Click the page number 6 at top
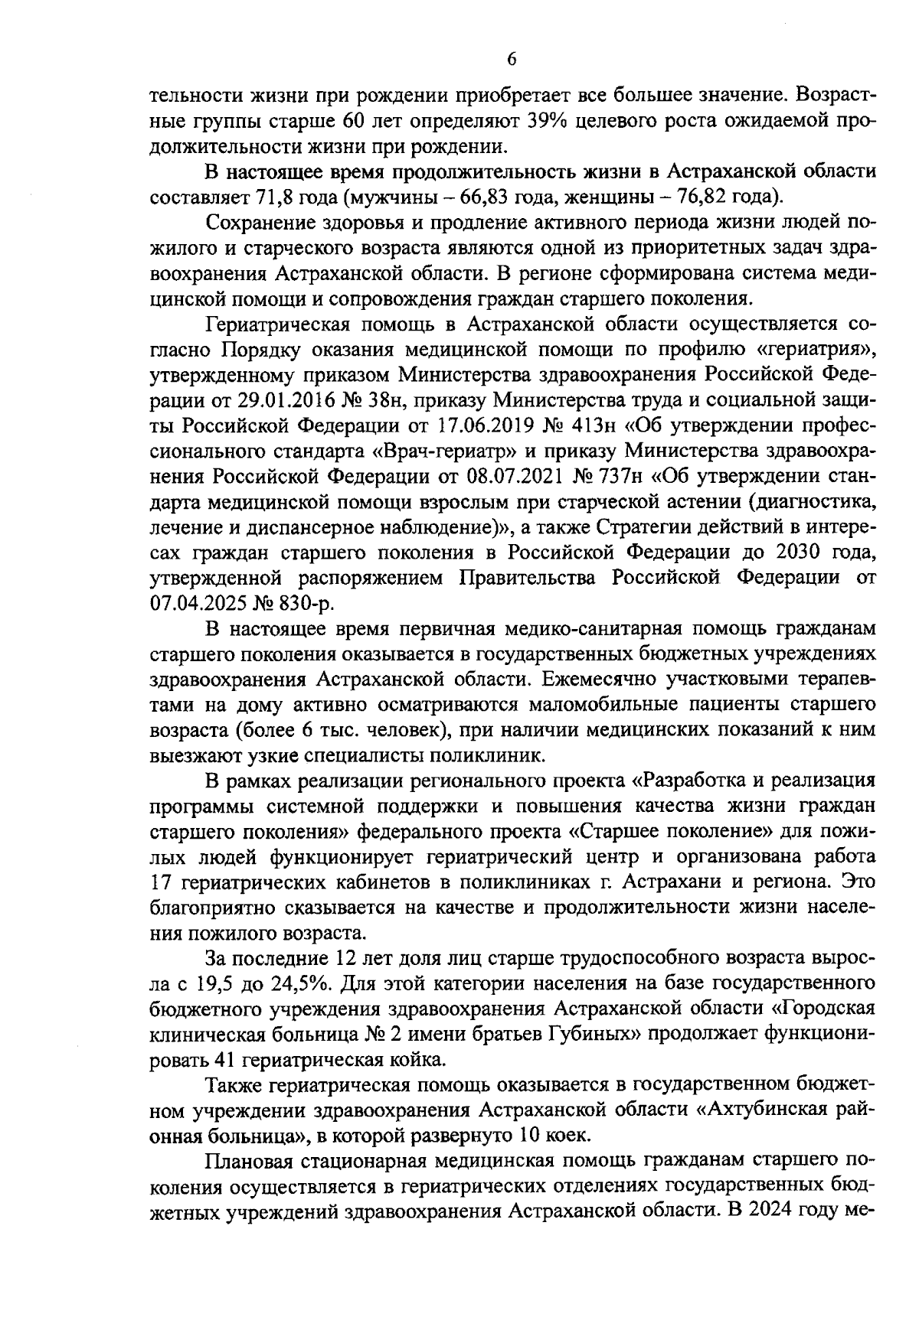tap(512, 60)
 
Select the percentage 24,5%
tap(299, 983)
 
